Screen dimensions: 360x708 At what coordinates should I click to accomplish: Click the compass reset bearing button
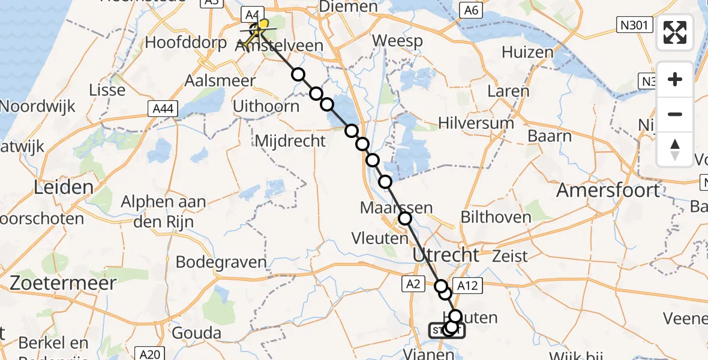coord(675,149)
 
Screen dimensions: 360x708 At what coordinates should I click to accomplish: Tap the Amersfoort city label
coord(608,190)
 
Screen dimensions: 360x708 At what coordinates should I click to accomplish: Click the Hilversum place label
coord(476,123)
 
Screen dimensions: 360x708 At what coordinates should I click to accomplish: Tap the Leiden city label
coord(64,187)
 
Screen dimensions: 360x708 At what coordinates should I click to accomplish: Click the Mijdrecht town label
coord(290,141)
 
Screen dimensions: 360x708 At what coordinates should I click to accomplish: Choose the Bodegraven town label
coord(221,262)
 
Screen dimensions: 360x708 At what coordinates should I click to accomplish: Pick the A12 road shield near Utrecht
coord(467,286)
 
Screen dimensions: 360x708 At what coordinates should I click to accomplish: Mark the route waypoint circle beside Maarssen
coord(405,219)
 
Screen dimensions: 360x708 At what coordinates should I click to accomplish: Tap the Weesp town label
coord(397,41)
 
